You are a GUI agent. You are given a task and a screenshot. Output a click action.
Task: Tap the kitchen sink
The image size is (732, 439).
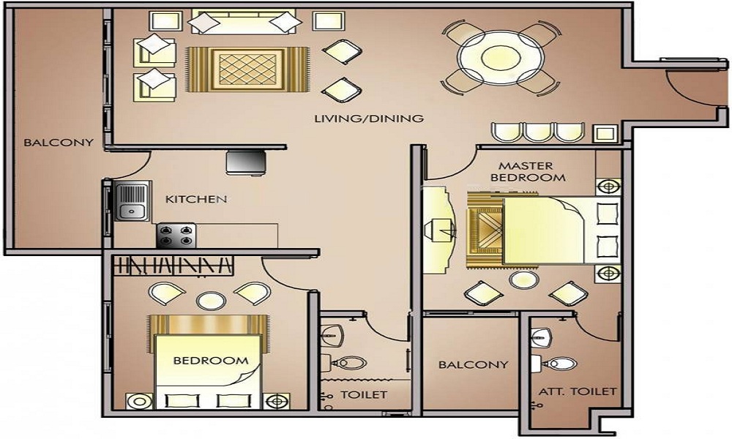pyautogui.click(x=132, y=203)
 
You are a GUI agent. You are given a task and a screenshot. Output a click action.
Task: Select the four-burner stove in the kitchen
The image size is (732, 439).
pyautogui.click(x=176, y=236)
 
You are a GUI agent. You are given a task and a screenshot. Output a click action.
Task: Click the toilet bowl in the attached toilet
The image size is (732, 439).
pyautogui.click(x=561, y=363)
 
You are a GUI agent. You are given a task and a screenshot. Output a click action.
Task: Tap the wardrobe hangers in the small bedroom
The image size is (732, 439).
pyautogui.click(x=176, y=265)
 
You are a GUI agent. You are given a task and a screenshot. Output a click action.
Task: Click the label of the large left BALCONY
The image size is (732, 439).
pyautogui.click(x=48, y=143)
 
